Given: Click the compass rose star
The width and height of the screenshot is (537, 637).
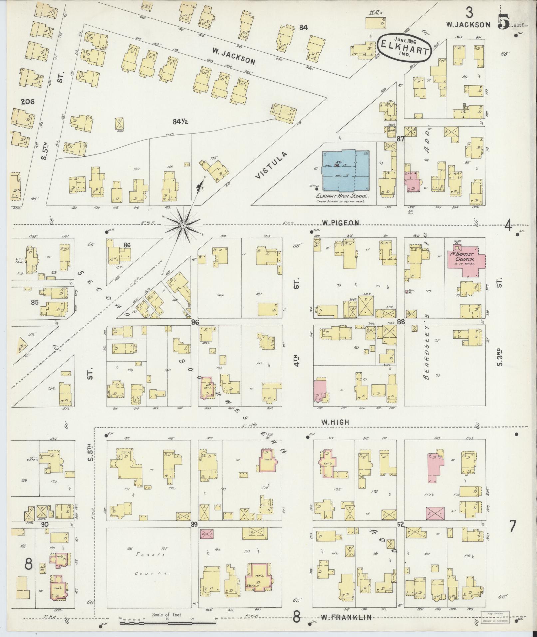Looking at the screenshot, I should [x=183, y=226].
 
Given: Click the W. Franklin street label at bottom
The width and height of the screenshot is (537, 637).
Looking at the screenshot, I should [x=346, y=618].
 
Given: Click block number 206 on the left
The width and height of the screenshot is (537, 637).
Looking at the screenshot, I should [x=27, y=102].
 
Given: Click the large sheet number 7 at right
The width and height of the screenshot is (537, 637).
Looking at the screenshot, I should [x=512, y=535].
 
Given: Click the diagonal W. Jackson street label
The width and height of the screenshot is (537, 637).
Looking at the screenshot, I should [x=233, y=56].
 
